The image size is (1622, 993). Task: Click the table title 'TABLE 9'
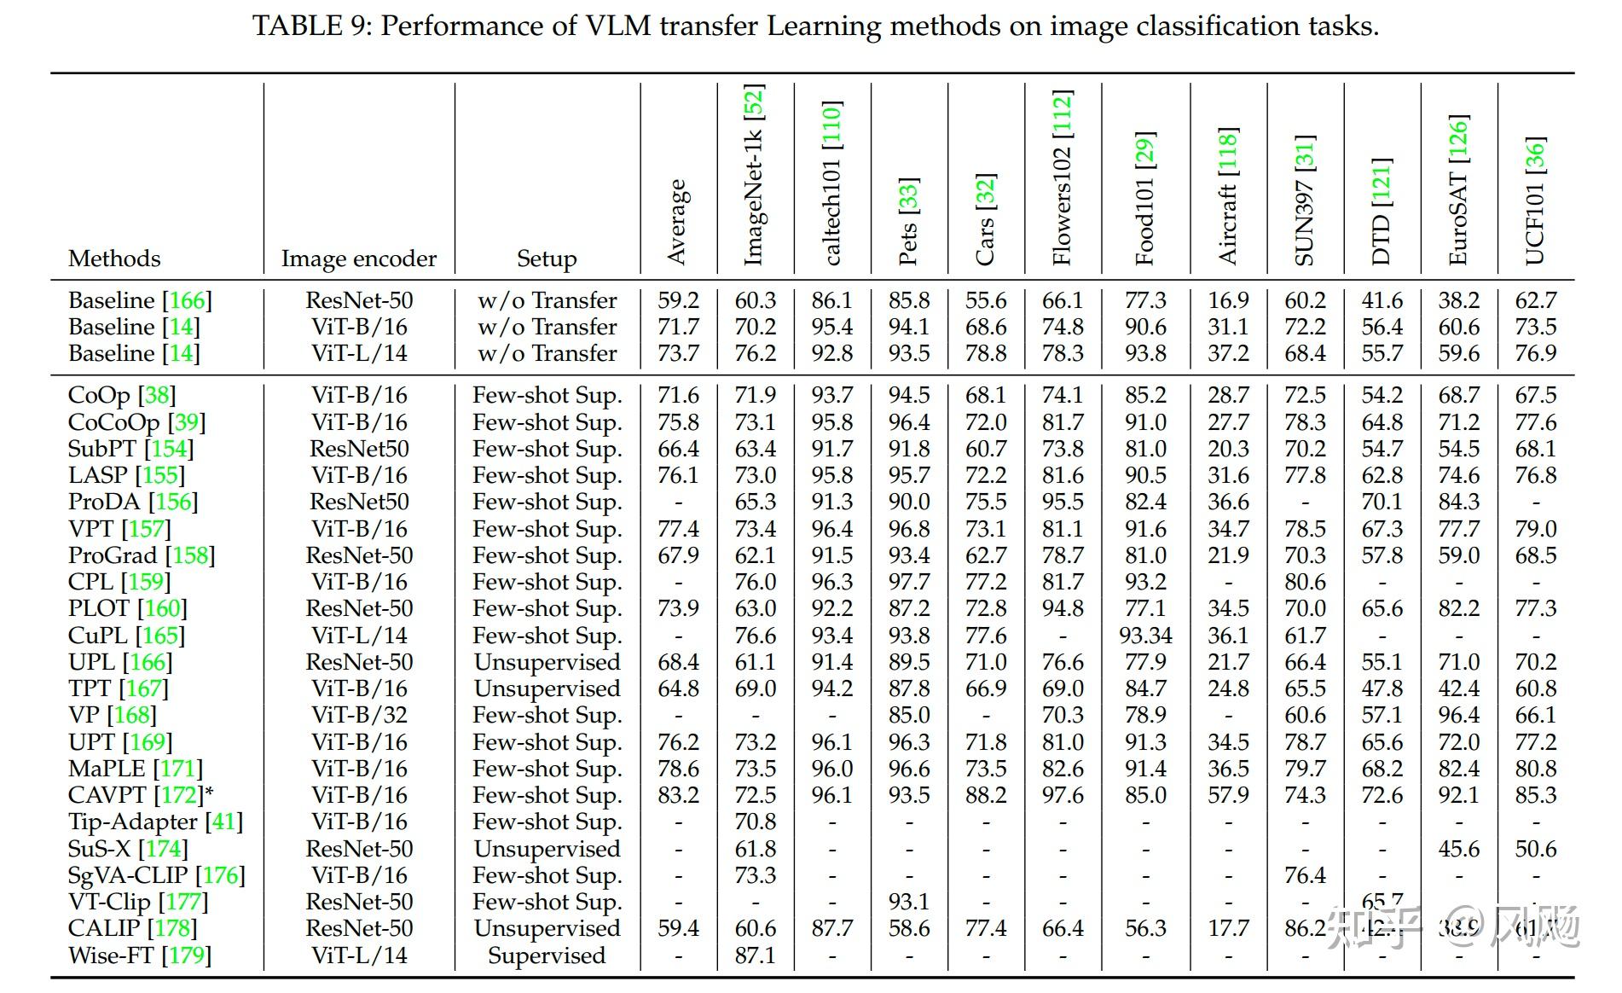click(x=312, y=26)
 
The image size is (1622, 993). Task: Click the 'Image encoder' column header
click(x=359, y=258)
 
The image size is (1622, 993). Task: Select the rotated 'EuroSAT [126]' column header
click(x=1458, y=189)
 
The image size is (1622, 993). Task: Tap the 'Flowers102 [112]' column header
click(x=1062, y=177)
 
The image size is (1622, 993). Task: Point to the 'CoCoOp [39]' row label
click(x=136, y=422)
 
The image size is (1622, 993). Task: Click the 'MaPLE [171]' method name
click(x=136, y=769)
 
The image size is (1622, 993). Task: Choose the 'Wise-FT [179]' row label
click(x=140, y=955)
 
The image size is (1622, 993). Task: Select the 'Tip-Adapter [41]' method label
click(x=155, y=822)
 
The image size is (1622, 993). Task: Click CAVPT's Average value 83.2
click(x=678, y=795)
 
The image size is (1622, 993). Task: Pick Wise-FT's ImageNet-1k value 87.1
click(x=756, y=955)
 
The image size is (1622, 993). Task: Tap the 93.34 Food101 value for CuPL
click(x=1145, y=636)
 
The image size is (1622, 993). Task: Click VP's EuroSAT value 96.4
click(x=1458, y=715)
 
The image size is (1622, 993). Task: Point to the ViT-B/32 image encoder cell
click(x=359, y=715)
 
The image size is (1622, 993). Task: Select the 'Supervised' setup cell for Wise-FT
click(x=547, y=955)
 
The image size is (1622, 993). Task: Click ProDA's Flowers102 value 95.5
click(x=1063, y=502)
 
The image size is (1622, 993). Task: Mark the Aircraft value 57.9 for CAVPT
click(x=1228, y=795)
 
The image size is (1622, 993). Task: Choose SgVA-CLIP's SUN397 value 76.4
click(x=1305, y=875)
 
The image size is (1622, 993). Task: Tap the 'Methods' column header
click(x=114, y=258)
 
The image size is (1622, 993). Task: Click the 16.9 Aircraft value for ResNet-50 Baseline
click(x=1228, y=300)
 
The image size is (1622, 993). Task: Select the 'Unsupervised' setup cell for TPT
click(x=547, y=688)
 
